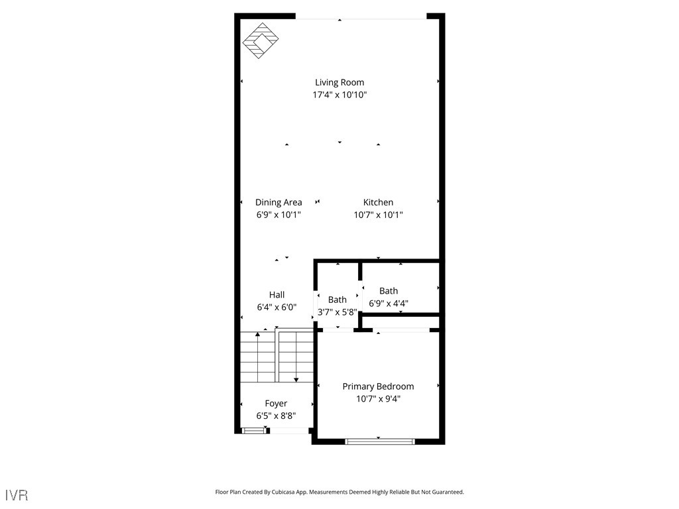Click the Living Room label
pos(339,82)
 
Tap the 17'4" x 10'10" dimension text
pos(339,95)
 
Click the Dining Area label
pos(278,202)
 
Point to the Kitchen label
pos(378,202)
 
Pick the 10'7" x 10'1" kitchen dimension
pos(378,215)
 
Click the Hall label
pos(277,294)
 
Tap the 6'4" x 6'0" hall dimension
pos(277,307)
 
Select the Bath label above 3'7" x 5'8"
pos(337,300)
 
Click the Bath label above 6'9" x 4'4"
pos(389,290)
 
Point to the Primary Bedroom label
pos(378,386)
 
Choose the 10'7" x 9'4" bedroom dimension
pos(378,399)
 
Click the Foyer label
pos(276,403)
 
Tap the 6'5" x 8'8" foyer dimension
pos(276,416)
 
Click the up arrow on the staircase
pos(258,335)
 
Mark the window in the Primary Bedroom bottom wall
pos(380,441)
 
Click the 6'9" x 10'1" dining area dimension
pos(278,215)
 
